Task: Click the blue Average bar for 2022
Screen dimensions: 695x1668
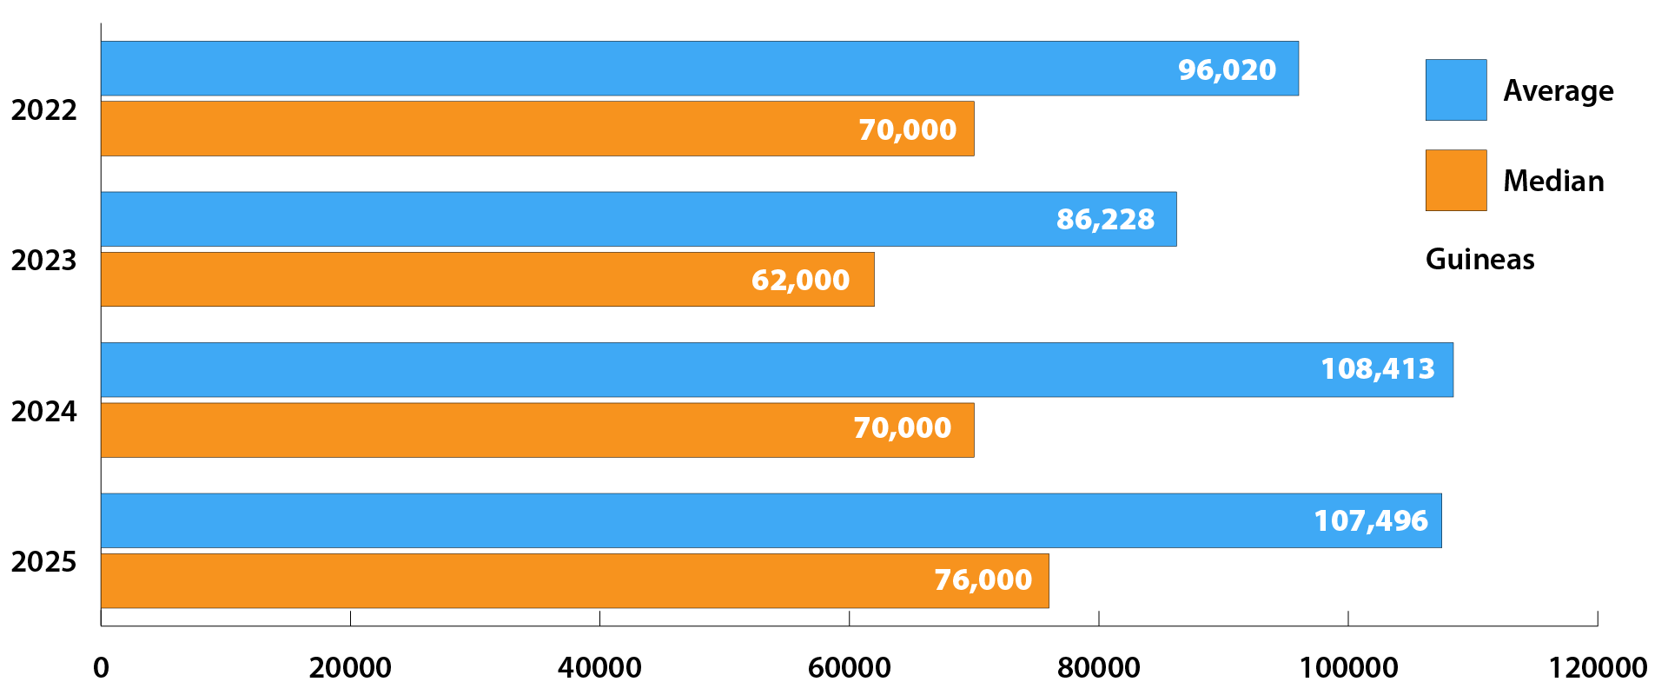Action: point(608,69)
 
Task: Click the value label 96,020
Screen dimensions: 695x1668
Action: point(1227,69)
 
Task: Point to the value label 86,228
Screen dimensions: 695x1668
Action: point(1105,219)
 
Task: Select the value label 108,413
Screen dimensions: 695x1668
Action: point(1378,369)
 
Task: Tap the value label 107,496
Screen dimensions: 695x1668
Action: point(1371,520)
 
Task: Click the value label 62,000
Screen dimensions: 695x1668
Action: point(800,280)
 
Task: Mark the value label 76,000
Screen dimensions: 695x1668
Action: point(983,579)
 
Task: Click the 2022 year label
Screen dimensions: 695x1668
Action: point(43,110)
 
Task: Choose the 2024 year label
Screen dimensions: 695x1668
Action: point(43,411)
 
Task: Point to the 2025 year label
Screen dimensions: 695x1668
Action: point(43,562)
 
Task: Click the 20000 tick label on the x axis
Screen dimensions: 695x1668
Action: point(350,667)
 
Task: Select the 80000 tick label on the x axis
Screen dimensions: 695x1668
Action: point(1098,667)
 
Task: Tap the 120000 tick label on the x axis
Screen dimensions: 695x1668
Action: point(1597,667)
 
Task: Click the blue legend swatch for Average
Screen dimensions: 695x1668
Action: point(1456,89)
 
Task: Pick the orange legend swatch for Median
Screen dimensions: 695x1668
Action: point(1456,180)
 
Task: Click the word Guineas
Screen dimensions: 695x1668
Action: point(1479,259)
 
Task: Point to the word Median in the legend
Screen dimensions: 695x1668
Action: point(1553,181)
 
